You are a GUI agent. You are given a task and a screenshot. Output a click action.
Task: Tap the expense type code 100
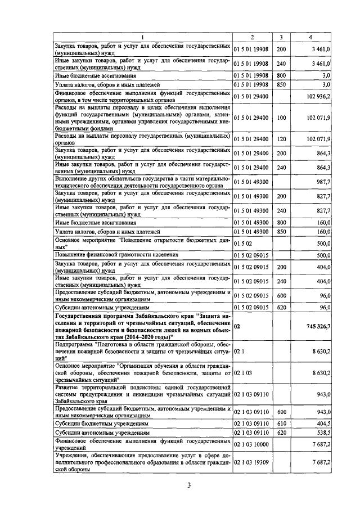coord(281,117)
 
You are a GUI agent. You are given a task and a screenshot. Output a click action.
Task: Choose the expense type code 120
coord(281,138)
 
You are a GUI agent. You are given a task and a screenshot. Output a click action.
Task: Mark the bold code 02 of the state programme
coord(237,326)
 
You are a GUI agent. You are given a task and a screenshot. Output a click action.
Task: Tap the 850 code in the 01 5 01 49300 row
coord(281,232)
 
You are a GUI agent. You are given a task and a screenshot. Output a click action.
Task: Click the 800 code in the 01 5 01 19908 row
coord(281,74)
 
